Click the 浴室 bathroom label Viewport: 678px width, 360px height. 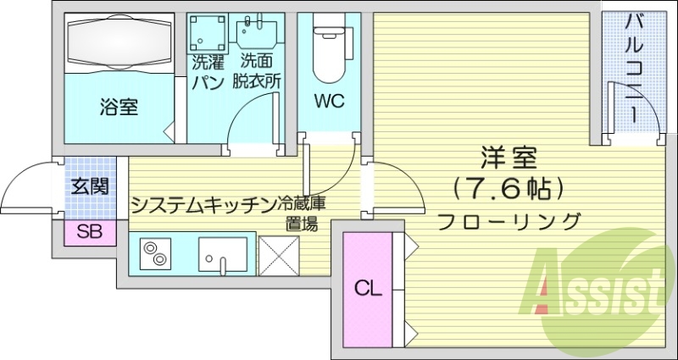click(x=119, y=108)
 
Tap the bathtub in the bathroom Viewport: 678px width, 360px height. click(x=118, y=42)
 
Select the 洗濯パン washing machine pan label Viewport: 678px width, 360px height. click(x=207, y=71)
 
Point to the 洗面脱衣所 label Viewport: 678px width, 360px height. click(x=259, y=71)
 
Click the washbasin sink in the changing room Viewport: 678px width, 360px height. click(x=258, y=33)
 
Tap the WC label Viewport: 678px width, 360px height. click(x=329, y=102)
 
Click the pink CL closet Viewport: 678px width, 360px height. click(x=368, y=288)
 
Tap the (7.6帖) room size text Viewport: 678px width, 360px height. click(x=508, y=188)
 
